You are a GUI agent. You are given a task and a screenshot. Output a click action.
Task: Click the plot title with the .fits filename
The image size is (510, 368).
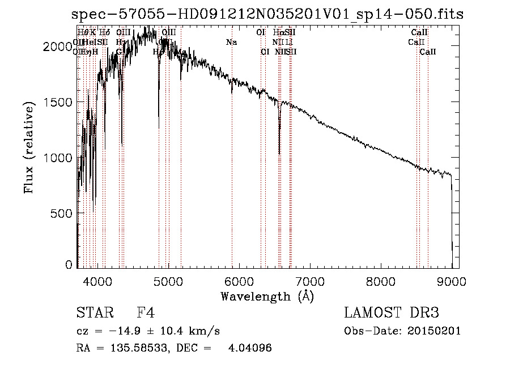[x=268, y=14]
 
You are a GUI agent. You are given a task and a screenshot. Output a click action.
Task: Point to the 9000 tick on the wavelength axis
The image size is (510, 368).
[x=452, y=281]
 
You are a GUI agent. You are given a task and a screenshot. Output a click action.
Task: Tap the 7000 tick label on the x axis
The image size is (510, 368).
[x=310, y=281]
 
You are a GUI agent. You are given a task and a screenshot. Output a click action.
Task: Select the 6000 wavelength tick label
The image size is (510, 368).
[x=239, y=281]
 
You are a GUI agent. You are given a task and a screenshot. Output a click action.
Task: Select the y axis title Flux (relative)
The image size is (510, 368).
[x=29, y=147]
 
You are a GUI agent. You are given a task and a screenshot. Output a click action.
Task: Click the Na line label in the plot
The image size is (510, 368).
[x=231, y=42]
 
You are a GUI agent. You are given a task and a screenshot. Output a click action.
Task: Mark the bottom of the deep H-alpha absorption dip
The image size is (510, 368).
[x=279, y=153]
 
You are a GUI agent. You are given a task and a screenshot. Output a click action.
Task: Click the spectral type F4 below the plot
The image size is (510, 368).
[x=146, y=313]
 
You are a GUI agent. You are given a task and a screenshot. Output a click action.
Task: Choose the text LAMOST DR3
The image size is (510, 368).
[x=392, y=313]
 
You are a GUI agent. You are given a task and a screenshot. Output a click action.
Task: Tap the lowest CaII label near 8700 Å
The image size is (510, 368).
[x=428, y=52]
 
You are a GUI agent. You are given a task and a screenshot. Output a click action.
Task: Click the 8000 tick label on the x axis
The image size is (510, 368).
[x=381, y=281]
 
